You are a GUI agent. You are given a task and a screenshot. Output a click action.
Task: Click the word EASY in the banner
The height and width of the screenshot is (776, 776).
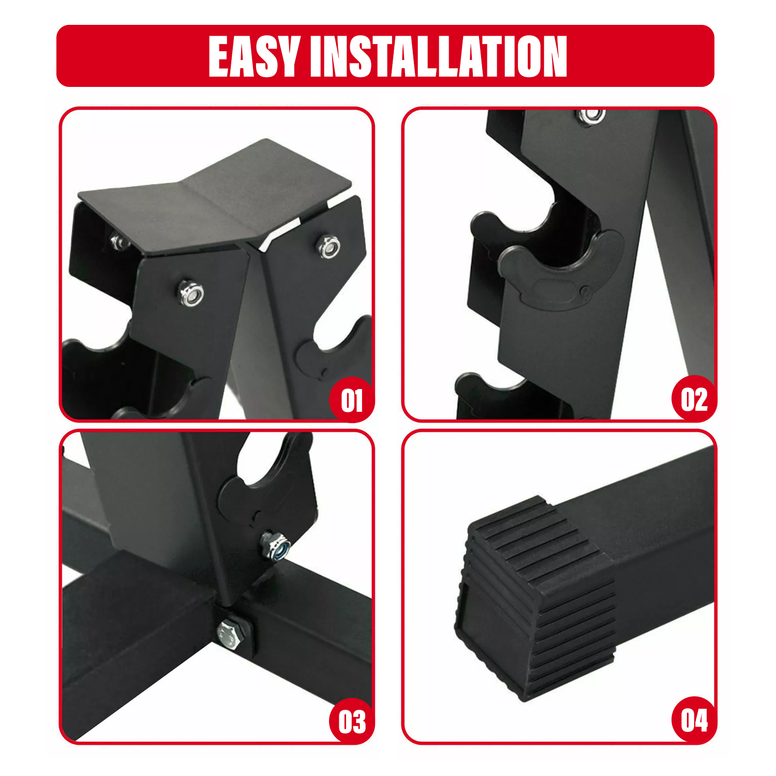coord(255,56)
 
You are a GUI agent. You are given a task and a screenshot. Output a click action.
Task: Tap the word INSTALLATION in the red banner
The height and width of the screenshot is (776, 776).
coord(438,56)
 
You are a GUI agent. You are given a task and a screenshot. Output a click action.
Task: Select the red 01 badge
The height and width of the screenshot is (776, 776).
coord(352,400)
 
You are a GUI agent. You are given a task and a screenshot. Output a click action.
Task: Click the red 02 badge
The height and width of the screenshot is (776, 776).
coord(694,399)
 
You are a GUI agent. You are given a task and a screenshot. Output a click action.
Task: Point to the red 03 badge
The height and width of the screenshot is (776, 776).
coord(352,722)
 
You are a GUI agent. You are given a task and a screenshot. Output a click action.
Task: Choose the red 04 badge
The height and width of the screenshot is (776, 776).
coord(694,720)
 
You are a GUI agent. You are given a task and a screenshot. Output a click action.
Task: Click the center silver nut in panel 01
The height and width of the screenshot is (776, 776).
coord(191,293)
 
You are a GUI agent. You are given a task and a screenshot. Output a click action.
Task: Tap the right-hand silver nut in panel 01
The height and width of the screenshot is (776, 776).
coord(329,247)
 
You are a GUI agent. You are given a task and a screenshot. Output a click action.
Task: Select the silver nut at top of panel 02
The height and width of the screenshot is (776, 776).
coord(591,117)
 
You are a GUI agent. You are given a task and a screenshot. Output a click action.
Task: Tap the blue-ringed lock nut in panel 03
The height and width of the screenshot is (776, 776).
coord(275,546)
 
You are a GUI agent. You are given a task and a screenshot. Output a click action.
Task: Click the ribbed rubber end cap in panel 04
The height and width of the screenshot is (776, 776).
coord(535,598)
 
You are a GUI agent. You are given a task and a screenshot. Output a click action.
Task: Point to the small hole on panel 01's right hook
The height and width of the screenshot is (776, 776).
coord(323,372)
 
